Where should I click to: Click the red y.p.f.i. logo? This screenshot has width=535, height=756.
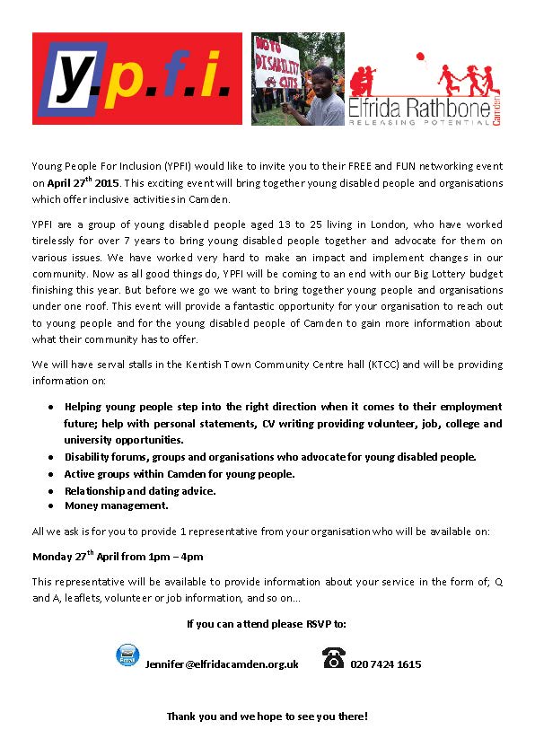point(137,79)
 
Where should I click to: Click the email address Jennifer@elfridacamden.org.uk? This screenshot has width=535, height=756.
point(222,664)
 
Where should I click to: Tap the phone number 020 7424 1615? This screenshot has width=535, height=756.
point(386,664)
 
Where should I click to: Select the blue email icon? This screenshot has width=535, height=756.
point(127,655)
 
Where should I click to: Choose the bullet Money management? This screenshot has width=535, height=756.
point(117,505)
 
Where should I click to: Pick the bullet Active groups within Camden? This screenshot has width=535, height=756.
point(180,473)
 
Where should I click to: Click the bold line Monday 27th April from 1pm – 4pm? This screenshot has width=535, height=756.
point(118,556)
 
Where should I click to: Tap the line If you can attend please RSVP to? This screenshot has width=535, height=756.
point(267,622)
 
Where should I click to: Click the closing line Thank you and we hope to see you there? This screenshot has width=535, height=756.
point(267,716)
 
